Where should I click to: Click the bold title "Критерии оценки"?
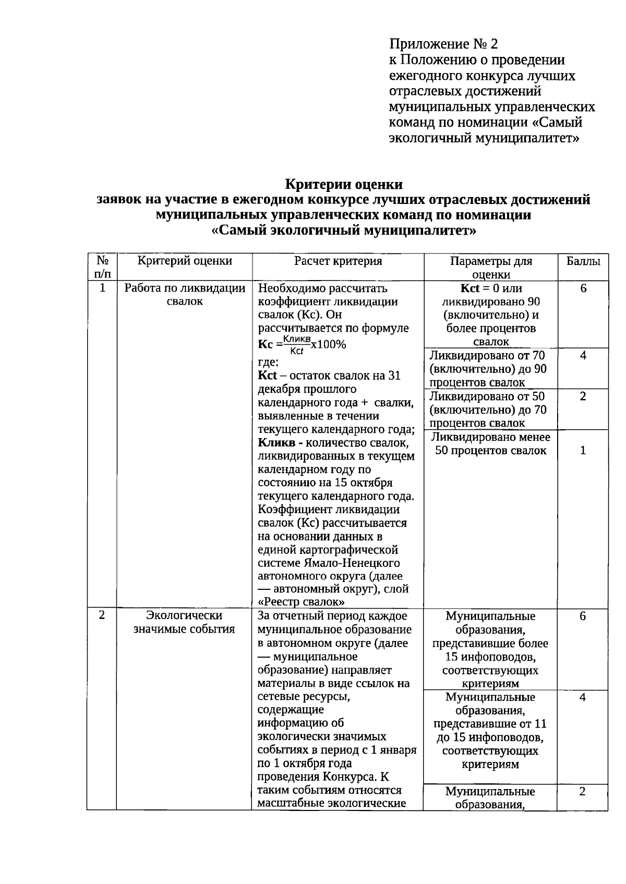344,185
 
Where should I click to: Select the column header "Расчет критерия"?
338,261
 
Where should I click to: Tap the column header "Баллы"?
583,261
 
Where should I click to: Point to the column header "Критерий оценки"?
185,261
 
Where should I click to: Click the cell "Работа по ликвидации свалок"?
185,295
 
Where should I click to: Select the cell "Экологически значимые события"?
184,622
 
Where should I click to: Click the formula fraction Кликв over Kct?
296,345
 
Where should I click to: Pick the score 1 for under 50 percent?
583,450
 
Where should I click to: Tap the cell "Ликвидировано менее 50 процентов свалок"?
491,444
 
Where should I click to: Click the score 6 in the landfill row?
583,288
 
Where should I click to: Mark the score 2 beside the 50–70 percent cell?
583,396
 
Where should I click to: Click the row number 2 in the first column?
102,615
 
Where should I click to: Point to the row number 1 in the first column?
102,288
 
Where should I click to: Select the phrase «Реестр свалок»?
301,602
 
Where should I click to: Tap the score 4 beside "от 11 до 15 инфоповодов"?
583,697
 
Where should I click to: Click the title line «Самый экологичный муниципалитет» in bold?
344,231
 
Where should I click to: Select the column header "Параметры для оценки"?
491,268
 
